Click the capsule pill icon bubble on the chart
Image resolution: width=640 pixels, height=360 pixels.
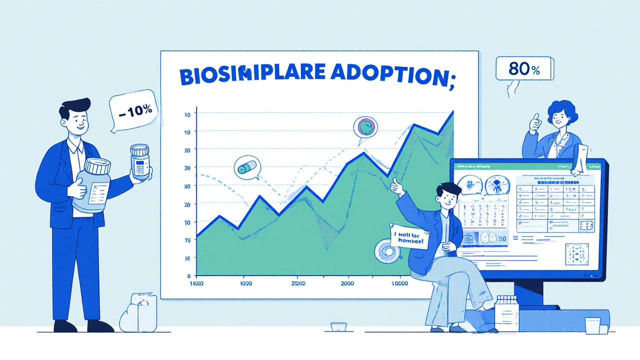click(x=246, y=168)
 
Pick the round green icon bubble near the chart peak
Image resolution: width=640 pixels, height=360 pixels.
click(x=366, y=127)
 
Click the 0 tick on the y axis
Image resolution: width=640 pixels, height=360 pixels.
click(x=188, y=275)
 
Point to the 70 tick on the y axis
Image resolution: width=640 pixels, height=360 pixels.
click(x=187, y=240)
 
